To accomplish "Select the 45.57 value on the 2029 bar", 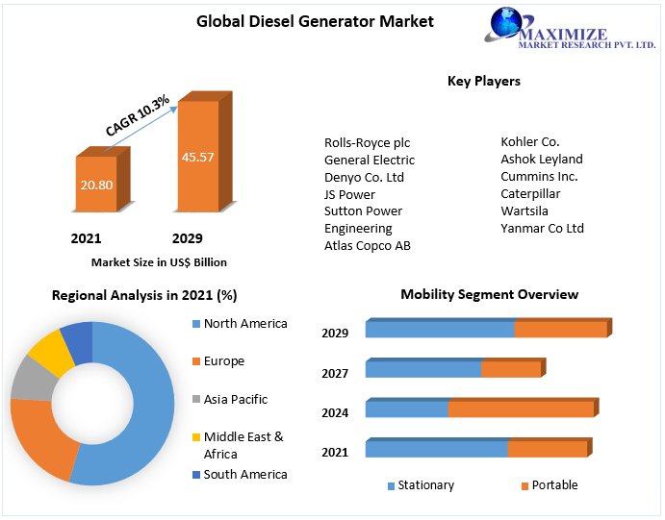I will pos(197,156).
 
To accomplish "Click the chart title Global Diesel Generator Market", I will pos(301,21).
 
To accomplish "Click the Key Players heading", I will pos(483,82).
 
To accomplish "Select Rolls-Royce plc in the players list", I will pos(367,142).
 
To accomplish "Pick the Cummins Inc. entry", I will pos(539,177).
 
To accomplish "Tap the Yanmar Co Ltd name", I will pos(542,229).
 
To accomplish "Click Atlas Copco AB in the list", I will pos(367,246).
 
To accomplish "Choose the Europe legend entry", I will pos(223,361).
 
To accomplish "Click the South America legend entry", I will pos(244,474).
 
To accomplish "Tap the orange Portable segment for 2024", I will pos(521,409).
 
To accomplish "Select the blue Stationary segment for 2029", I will pos(439,330).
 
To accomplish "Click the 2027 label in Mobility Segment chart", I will pos(335,373).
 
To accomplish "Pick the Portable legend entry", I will pos(554,485).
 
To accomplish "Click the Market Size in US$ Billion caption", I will pos(159,261).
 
